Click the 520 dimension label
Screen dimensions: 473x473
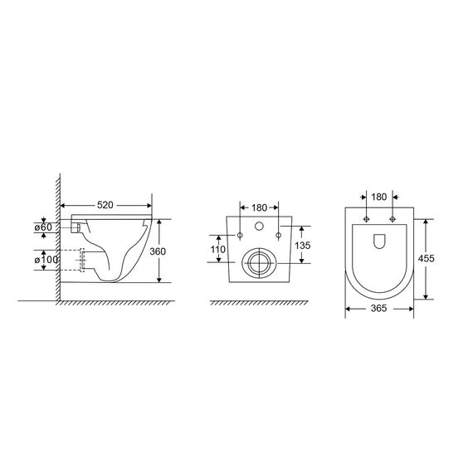(105, 205)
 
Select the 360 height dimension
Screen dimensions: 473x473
(158, 251)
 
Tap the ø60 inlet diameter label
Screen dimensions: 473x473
(43, 227)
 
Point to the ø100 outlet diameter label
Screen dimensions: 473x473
(46, 260)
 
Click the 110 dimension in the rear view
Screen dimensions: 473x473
(217, 250)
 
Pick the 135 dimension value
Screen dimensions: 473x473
(303, 246)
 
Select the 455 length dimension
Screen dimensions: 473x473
(426, 259)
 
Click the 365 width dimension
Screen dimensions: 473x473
(378, 309)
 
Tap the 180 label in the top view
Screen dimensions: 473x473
(379, 197)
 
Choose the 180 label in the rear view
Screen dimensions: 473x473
(259, 207)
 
